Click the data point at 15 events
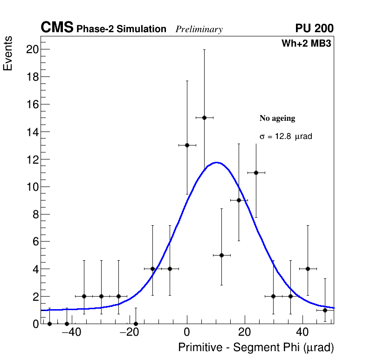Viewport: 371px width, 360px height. click(204, 118)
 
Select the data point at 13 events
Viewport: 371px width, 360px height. click(187, 145)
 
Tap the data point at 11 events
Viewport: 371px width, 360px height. click(256, 173)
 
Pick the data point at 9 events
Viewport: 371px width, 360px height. click(239, 200)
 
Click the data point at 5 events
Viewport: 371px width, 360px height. click(221, 255)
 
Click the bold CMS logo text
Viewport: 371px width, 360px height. click(57, 28)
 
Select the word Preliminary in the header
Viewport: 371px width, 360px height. click(199, 29)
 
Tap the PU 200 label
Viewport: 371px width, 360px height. click(314, 28)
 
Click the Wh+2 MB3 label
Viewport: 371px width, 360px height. click(306, 44)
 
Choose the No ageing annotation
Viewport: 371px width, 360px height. click(277, 118)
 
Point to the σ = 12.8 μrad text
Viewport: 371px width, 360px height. click(285, 137)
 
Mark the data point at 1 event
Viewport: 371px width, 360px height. click(325, 310)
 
